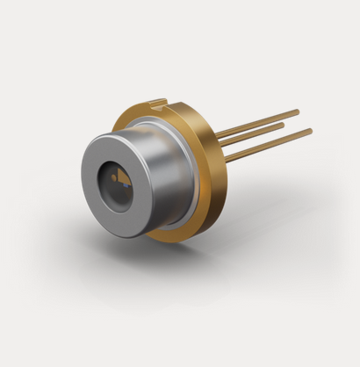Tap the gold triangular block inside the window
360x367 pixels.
pos(126,176)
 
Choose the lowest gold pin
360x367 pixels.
pos(272,144)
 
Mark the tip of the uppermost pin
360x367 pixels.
pos(297,111)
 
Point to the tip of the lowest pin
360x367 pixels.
pos(310,131)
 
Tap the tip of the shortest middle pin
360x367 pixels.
pos(282,125)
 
